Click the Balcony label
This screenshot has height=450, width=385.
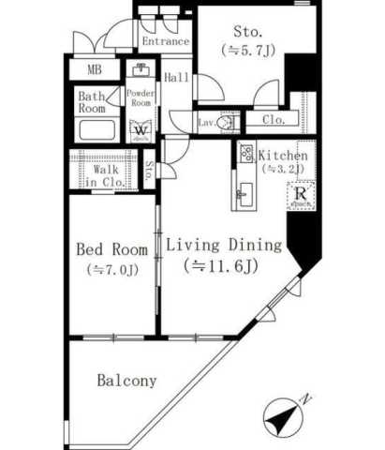(x=126, y=382)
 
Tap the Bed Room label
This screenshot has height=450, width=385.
(x=111, y=250)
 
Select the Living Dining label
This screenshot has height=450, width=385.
(x=225, y=247)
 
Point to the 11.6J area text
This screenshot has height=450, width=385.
(x=224, y=267)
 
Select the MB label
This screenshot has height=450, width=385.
(x=96, y=69)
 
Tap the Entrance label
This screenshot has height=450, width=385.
(x=164, y=42)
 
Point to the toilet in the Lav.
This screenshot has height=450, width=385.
(x=225, y=122)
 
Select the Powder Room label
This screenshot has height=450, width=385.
(x=141, y=97)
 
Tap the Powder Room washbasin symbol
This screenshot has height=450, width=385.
(x=141, y=70)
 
